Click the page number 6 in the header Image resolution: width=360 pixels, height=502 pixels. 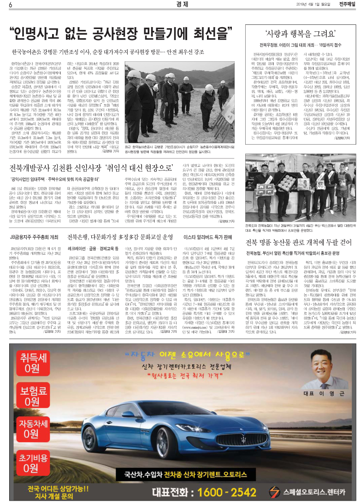point(10,6)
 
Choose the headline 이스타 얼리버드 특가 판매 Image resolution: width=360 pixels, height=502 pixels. point(207,237)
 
